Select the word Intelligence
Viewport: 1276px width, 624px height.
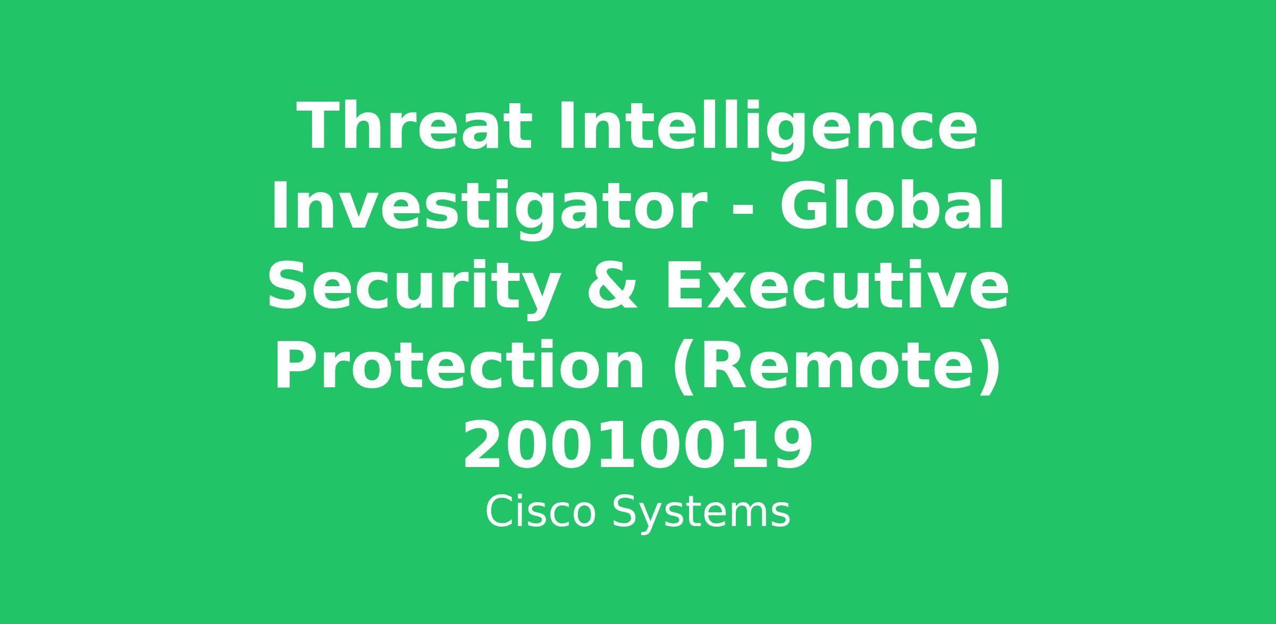(767, 131)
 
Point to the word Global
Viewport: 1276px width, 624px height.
(892, 204)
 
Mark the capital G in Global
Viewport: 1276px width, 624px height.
(802, 205)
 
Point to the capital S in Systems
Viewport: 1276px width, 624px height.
(625, 512)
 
